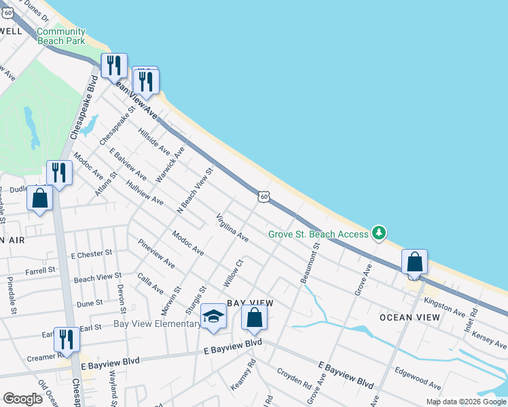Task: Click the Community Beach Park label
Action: [61, 36]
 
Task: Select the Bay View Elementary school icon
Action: [213, 317]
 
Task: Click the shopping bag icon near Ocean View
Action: [414, 262]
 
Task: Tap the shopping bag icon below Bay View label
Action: [254, 318]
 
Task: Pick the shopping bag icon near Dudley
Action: [40, 199]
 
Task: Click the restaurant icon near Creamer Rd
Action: [67, 339]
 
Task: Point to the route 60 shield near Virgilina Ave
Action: [264, 197]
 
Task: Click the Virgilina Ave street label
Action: [232, 228]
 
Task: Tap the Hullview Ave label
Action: [145, 192]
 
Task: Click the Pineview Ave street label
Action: [156, 254]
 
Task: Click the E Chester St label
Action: [91, 254]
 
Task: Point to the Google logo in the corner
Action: [22, 400]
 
